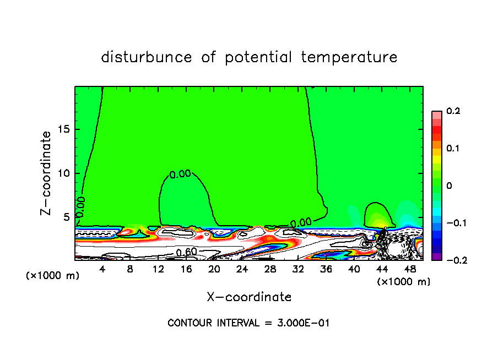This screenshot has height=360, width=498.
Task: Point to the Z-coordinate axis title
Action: pyautogui.click(x=47, y=173)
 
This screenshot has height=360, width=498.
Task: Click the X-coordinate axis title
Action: pyautogui.click(x=249, y=297)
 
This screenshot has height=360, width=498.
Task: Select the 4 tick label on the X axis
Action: pyautogui.click(x=102, y=270)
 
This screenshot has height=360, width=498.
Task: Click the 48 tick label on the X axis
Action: pyautogui.click(x=410, y=270)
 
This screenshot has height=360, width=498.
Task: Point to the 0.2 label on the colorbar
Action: pyautogui.click(x=453, y=112)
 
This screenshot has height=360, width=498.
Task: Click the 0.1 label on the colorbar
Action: pyautogui.click(x=453, y=149)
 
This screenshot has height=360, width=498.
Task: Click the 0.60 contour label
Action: pyautogui.click(x=187, y=253)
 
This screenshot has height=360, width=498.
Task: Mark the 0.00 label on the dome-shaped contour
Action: pyautogui.click(x=180, y=174)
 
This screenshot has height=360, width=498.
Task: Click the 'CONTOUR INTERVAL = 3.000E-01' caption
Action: pyautogui.click(x=248, y=323)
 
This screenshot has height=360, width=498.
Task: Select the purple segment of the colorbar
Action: pyautogui.click(x=436, y=257)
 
